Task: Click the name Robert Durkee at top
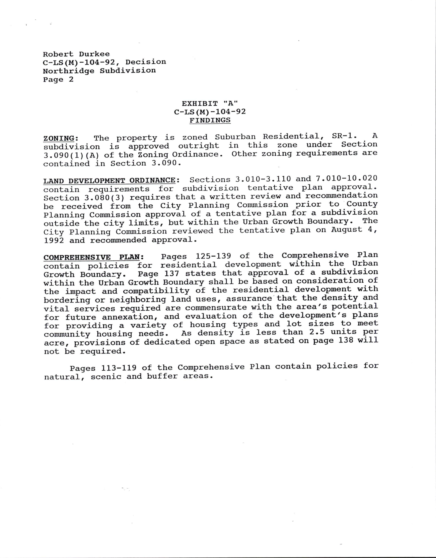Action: click(x=76, y=54)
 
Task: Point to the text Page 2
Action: click(x=58, y=79)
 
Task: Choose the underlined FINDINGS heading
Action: click(x=210, y=120)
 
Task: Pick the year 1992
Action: click(x=54, y=240)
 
